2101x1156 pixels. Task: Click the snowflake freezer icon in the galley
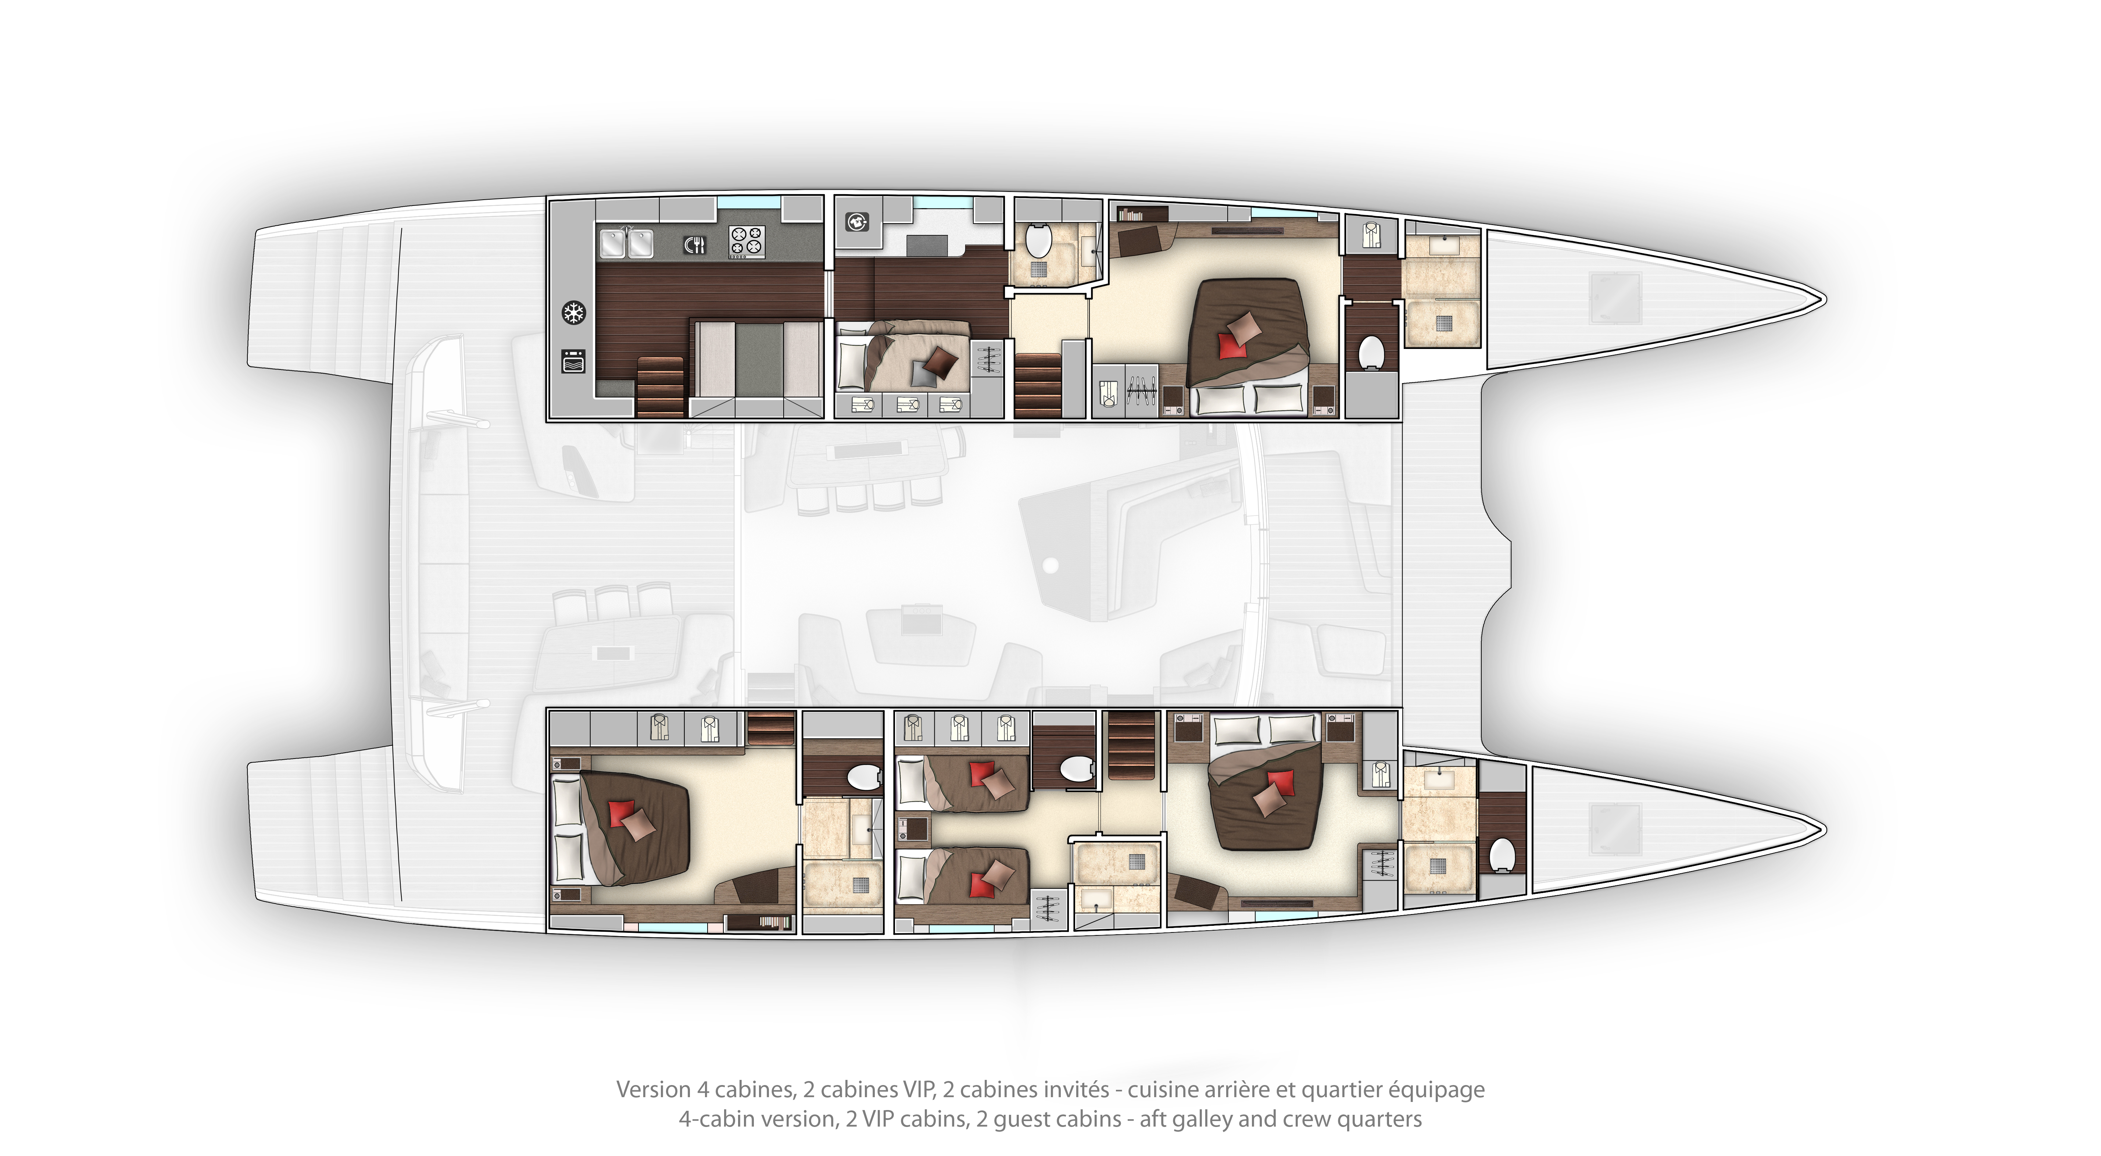[574, 313]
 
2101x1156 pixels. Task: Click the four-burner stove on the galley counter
[746, 242]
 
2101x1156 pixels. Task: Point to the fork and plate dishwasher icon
[694, 244]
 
